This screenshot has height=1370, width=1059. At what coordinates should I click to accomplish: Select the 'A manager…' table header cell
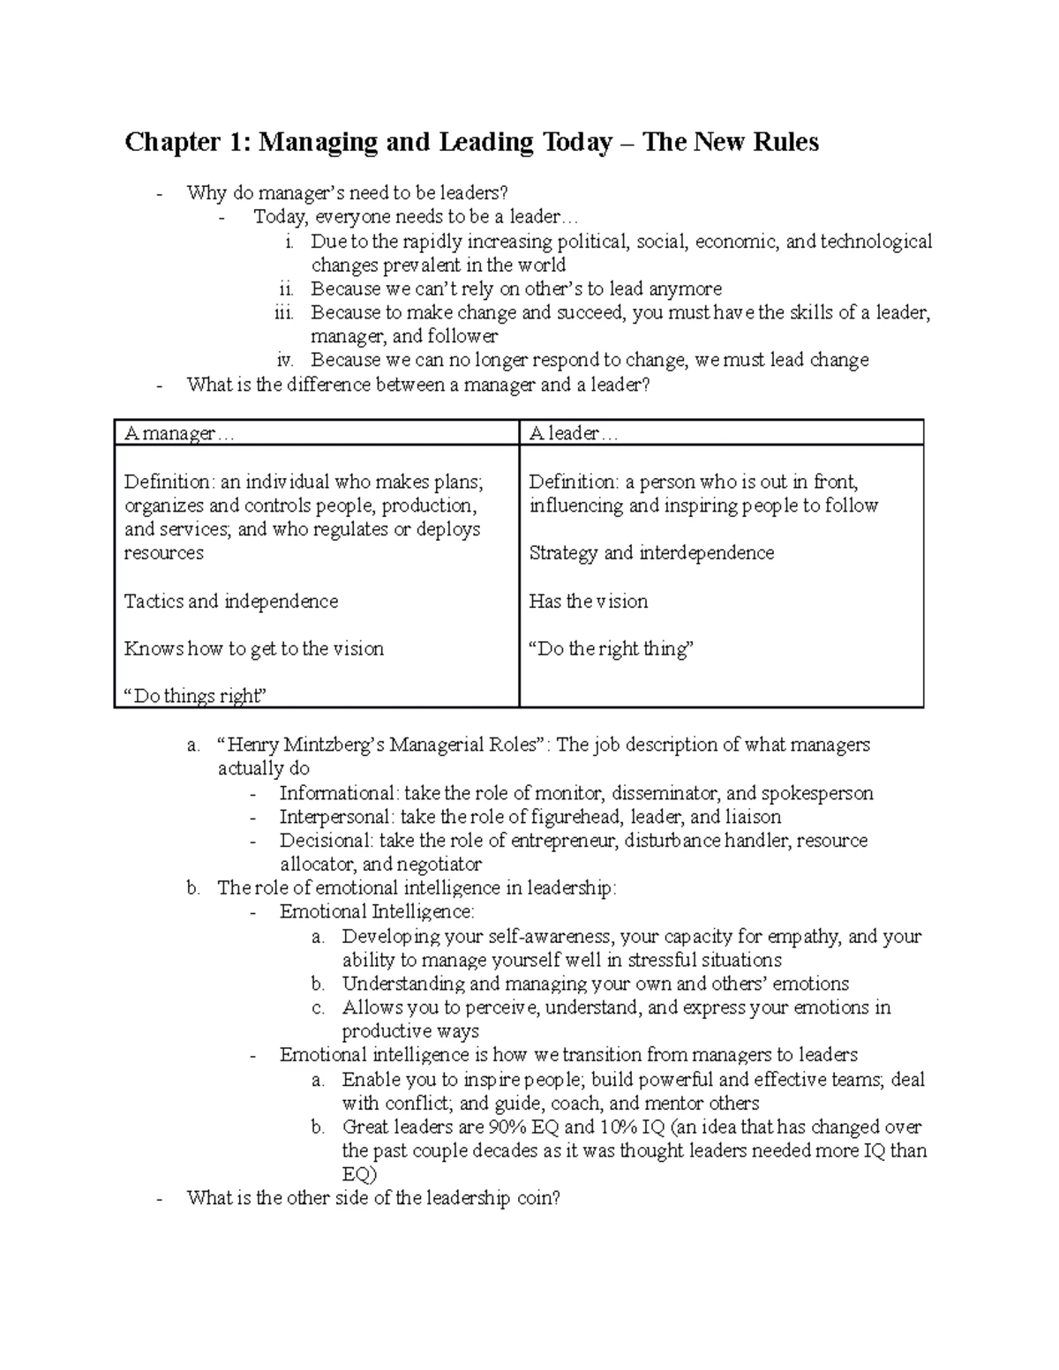[x=180, y=433]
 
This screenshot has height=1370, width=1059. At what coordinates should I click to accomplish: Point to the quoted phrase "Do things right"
[x=195, y=696]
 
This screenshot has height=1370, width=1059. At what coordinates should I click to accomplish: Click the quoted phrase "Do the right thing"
[x=611, y=649]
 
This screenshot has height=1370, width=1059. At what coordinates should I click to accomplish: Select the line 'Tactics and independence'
[x=231, y=602]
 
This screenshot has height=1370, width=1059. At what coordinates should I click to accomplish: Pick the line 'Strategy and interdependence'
[x=651, y=553]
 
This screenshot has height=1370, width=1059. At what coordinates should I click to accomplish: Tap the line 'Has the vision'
[x=588, y=602]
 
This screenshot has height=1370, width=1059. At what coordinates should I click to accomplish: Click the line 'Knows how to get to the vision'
[x=254, y=649]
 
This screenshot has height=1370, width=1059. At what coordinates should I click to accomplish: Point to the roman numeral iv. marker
[x=284, y=360]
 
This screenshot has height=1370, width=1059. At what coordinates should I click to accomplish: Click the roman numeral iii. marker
[x=283, y=312]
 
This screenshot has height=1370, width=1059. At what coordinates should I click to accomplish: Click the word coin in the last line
[x=537, y=1198]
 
